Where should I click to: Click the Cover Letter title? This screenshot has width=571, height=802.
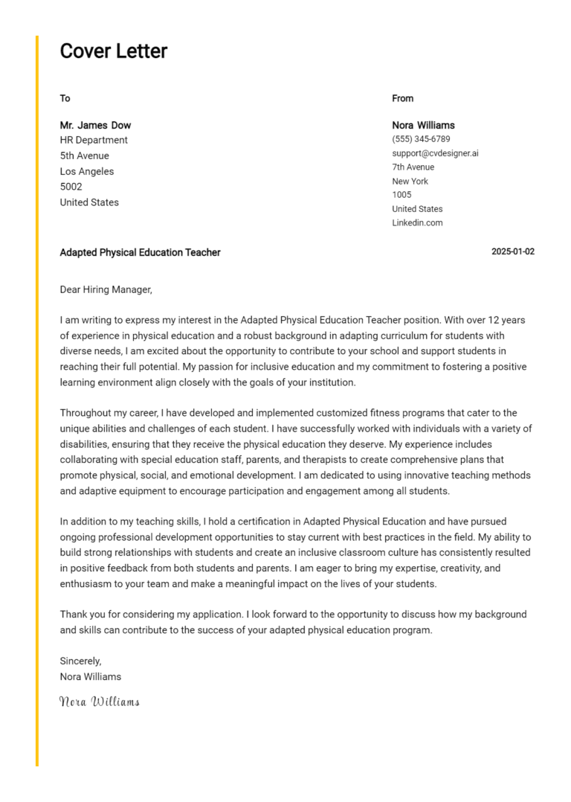(113, 51)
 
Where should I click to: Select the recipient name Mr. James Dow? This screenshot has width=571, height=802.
(95, 125)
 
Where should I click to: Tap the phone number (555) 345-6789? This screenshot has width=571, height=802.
(421, 139)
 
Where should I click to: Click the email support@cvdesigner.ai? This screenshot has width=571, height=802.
(435, 153)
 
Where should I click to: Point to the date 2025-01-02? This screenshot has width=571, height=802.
(513, 252)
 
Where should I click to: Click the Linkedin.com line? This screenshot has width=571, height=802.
(417, 222)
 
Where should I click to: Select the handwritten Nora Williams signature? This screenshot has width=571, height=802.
(99, 701)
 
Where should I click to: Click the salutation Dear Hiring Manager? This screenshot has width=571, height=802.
(106, 289)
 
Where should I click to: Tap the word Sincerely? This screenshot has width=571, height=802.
(80, 661)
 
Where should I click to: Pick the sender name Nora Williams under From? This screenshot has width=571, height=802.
(423, 125)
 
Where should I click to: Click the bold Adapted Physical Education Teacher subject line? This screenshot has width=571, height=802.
(140, 252)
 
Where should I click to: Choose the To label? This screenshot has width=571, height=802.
(65, 98)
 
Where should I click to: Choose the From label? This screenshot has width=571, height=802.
(403, 98)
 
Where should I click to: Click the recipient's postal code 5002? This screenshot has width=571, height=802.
(71, 187)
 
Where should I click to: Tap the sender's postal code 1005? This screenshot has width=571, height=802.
(401, 195)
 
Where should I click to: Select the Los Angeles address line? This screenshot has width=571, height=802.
(87, 171)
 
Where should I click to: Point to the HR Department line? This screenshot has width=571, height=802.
(94, 140)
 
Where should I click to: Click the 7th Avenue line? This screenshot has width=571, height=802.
(413, 167)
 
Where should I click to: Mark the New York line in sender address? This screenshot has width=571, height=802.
(410, 181)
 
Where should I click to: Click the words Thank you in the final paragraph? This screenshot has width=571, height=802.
(81, 615)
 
